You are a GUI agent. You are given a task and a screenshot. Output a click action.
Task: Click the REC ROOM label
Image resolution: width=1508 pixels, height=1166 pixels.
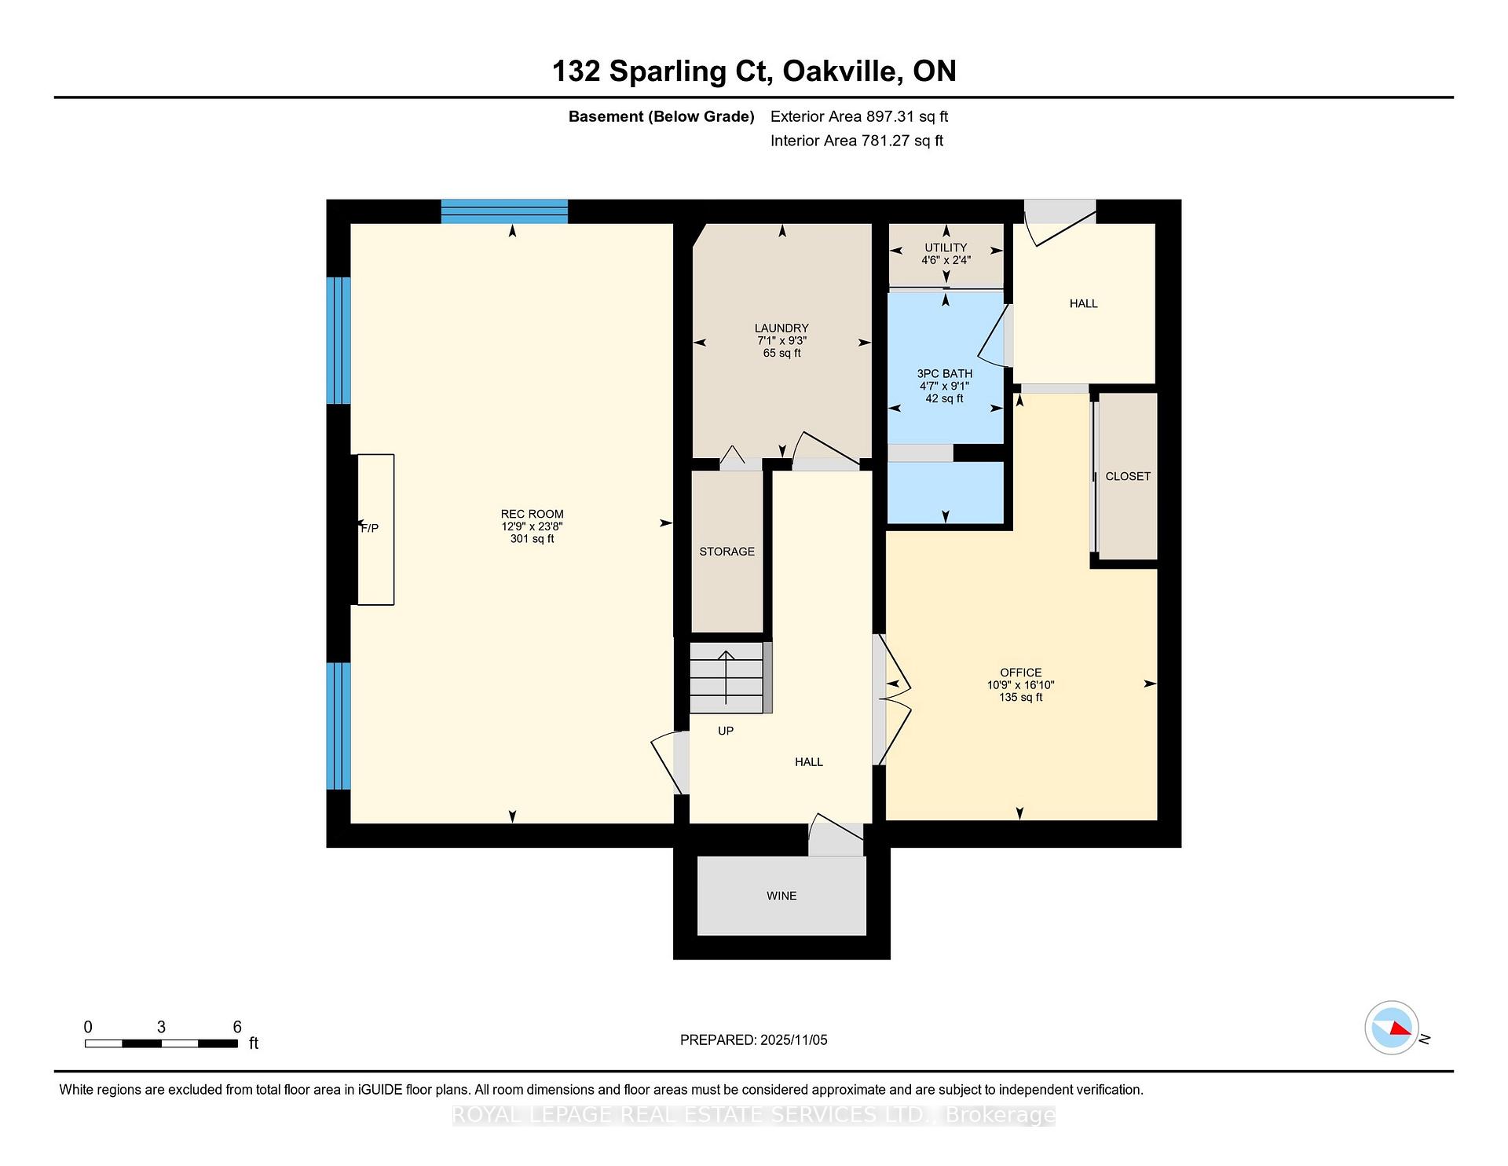pos(533,514)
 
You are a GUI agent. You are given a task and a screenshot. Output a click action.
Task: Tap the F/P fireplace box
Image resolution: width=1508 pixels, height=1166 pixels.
pos(375,529)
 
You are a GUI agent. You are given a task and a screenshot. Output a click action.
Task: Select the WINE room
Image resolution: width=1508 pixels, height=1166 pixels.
pos(781,896)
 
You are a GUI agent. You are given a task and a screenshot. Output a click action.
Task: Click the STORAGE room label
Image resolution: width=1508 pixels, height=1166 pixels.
pos(727,552)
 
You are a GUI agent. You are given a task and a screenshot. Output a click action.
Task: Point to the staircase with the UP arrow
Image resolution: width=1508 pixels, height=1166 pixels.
pos(727,677)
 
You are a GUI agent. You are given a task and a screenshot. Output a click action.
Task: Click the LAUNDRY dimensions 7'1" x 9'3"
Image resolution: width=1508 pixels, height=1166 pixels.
pos(781,341)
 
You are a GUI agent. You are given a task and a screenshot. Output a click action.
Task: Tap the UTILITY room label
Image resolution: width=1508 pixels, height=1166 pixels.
pos(946,247)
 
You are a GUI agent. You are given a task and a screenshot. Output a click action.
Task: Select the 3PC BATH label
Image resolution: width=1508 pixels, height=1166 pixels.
pos(945,374)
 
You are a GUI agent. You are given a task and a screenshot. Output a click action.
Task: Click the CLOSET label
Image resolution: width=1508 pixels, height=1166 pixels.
pos(1127,476)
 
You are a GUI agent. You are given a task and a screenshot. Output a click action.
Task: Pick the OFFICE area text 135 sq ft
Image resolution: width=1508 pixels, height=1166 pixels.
pos(1020,698)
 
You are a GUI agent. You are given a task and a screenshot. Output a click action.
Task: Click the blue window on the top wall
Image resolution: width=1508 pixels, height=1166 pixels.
pos(504,211)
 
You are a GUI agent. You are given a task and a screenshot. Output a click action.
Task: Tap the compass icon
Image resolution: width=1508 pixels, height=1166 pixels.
pos(1392,1028)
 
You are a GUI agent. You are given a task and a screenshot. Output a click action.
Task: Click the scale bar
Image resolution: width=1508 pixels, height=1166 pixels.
pos(161,1043)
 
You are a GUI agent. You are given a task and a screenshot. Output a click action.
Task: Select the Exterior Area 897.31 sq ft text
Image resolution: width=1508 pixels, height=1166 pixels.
pos(859,117)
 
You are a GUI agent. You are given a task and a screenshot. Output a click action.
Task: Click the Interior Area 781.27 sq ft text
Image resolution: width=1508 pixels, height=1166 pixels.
pos(857,141)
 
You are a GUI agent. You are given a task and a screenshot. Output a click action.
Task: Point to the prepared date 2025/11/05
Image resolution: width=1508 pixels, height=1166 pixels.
pos(793,1040)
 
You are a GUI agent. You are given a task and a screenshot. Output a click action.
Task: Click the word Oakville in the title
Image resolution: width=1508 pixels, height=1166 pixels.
pos(841,71)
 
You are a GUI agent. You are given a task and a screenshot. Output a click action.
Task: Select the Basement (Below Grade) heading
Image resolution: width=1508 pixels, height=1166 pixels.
pos(661,117)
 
